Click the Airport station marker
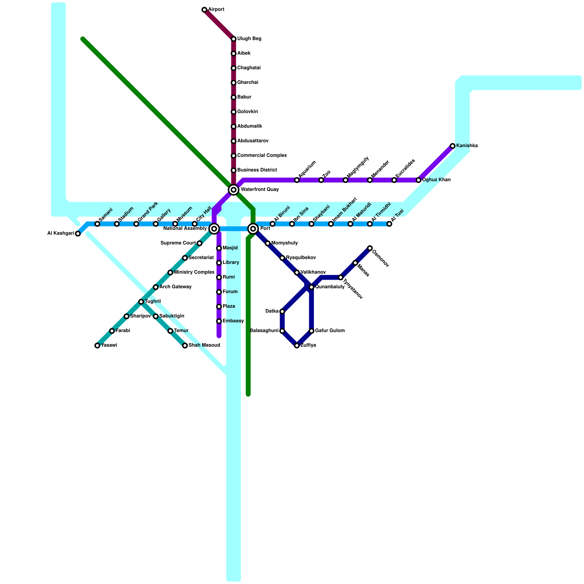point(204,10)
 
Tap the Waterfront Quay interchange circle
point(234,190)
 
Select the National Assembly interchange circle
point(214,229)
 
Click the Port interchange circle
point(253,229)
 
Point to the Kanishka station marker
point(453,146)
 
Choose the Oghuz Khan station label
point(436,180)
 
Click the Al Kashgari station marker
point(78,234)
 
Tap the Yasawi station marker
point(97,346)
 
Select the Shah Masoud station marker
point(185,346)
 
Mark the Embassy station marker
point(219,321)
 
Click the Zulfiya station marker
point(297,346)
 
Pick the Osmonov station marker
point(370,248)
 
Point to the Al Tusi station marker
point(389,224)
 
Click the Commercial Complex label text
point(262,155)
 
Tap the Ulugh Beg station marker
point(234,39)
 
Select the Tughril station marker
point(141,302)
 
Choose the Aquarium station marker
point(297,180)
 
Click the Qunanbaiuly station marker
point(311,287)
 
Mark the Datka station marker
point(282,311)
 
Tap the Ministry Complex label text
point(194,272)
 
